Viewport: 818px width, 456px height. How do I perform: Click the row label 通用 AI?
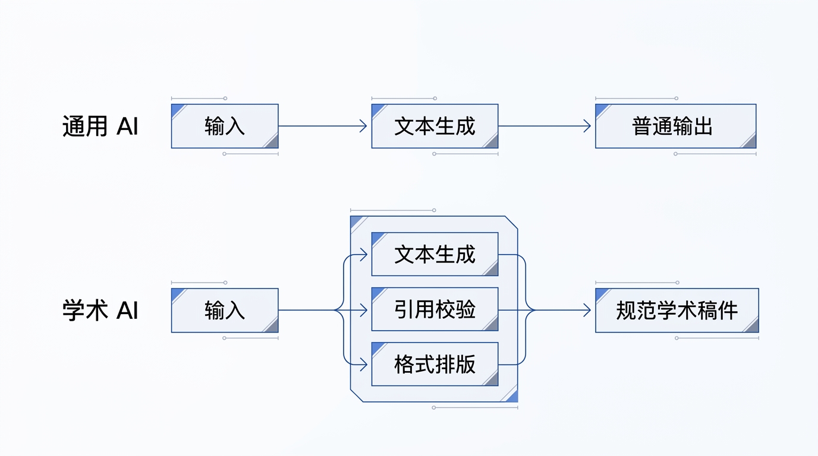click(100, 126)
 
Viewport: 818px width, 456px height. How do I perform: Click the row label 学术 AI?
click(100, 311)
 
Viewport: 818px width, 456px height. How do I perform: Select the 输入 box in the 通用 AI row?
click(225, 126)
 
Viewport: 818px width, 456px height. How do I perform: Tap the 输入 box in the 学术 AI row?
click(225, 311)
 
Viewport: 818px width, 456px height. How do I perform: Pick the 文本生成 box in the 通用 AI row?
click(435, 126)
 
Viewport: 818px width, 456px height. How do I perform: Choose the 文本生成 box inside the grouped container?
click(435, 255)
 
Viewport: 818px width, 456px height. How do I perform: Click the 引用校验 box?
click(435, 310)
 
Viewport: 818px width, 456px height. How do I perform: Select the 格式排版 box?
click(435, 365)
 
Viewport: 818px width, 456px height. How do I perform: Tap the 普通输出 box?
click(675, 126)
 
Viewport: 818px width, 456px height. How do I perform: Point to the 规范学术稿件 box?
click(677, 311)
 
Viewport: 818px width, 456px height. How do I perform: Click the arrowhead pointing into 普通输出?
click(587, 126)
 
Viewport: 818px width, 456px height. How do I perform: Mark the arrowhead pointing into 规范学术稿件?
click(587, 310)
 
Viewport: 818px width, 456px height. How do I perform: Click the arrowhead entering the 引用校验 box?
click(364, 310)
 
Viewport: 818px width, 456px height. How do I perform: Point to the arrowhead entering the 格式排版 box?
click(364, 365)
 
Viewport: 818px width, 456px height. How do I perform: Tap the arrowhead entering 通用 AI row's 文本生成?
click(364, 126)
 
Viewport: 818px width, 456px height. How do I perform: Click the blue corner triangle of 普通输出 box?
click(600, 109)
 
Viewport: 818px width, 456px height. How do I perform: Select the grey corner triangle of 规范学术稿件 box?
click(752, 326)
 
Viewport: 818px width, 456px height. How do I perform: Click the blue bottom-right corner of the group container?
click(512, 397)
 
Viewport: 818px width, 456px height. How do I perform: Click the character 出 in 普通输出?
click(704, 126)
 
